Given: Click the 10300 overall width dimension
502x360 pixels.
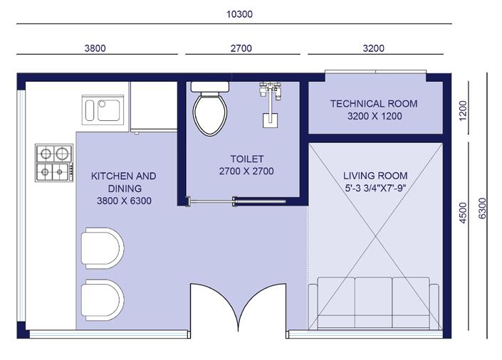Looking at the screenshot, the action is pos(239,14).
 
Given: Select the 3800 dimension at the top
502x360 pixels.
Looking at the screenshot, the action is pos(95,48).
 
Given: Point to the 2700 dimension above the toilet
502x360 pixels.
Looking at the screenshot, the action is pos(241,48).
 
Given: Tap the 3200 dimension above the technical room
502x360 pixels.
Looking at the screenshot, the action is pos(374,48).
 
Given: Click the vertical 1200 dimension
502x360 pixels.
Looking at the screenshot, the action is pos(463,111).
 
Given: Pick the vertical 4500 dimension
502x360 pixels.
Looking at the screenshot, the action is pos(463,213).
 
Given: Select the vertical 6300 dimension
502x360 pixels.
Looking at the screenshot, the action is pos(482,208).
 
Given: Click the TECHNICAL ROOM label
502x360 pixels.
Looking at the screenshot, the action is pos(374,104).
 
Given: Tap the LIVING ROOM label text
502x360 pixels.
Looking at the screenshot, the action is pos(375,176).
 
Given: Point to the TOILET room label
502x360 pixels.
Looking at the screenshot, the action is pos(247,159).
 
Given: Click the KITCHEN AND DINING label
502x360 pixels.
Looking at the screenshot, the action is pos(124,182).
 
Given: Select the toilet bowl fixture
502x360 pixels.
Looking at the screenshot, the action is pos(210,108).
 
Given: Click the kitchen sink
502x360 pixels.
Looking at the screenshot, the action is pos(103,110).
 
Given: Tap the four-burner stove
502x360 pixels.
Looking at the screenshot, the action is pos(54,163).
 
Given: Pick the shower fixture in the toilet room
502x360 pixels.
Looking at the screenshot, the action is pos(271,105).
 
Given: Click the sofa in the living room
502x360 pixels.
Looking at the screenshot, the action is pos(373,303).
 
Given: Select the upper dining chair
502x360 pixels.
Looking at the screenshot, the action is pos(103,248).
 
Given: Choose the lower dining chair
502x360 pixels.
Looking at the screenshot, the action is pos(103,300).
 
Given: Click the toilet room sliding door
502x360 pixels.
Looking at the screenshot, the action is pos(236,201).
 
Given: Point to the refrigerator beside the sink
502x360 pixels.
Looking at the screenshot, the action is pos(154,107).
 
